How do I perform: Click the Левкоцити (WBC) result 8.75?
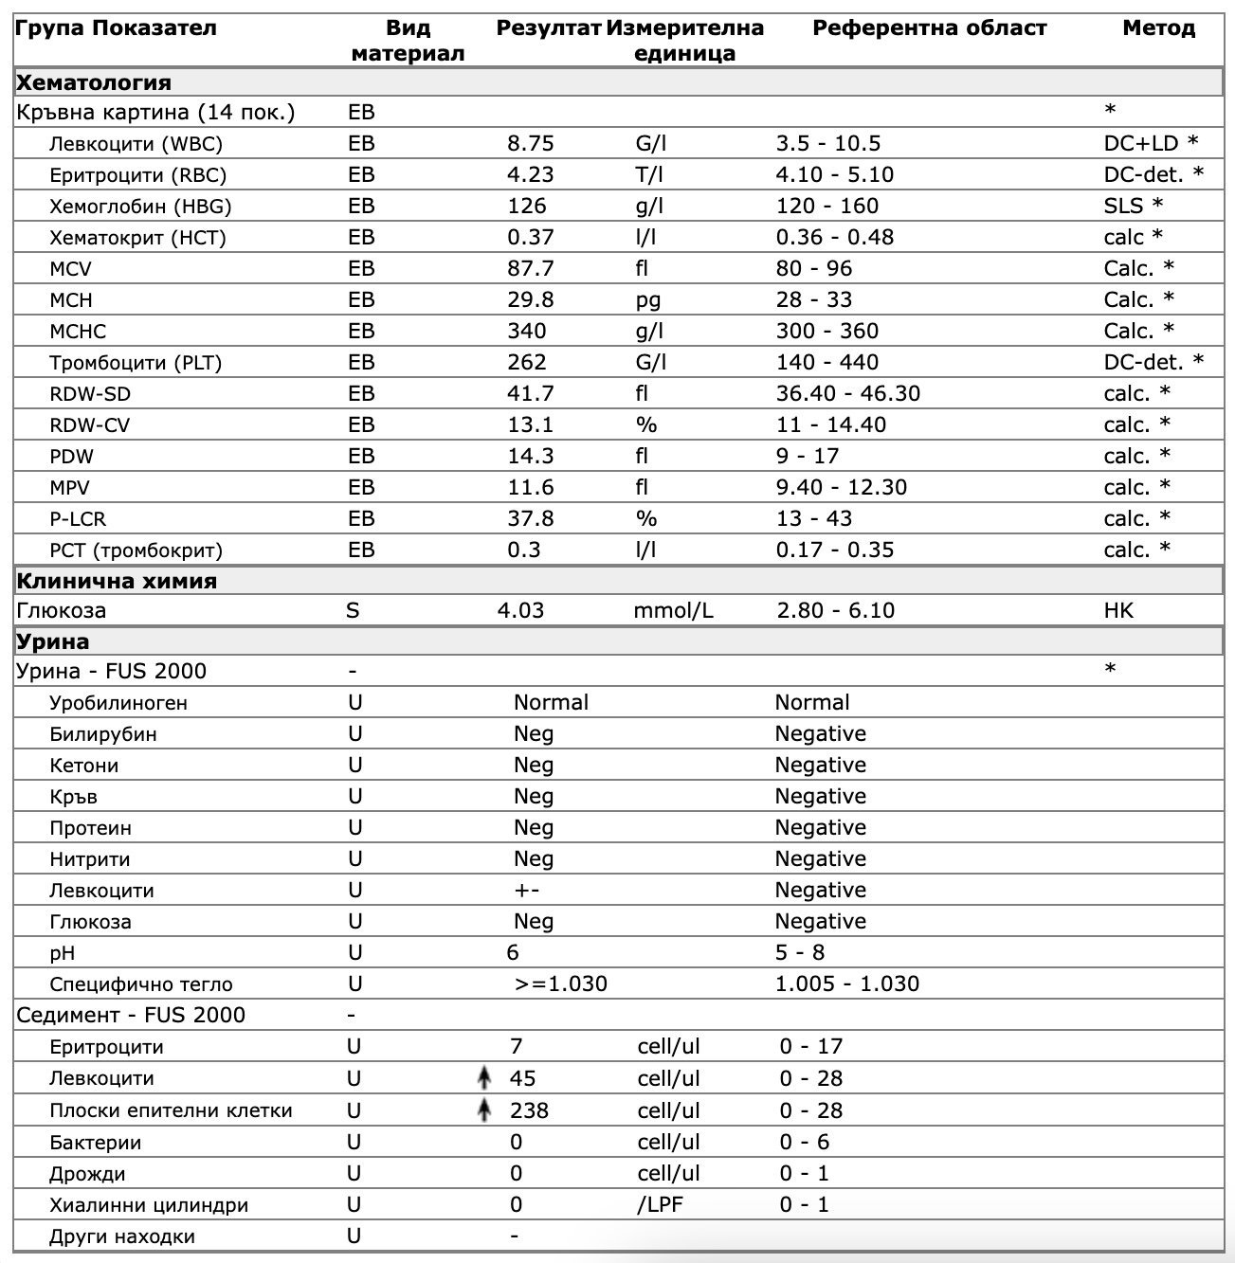coord(530,144)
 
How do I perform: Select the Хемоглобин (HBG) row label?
coord(140,207)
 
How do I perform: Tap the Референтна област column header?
coord(929,28)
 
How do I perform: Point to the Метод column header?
coord(1158,28)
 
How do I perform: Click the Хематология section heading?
coord(94,82)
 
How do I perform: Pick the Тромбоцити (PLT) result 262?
coord(527,363)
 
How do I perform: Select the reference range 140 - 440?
coord(826,363)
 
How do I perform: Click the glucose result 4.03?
coord(520,611)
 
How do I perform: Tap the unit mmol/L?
coord(673,611)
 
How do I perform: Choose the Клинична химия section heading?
coord(117,581)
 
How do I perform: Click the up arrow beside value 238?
coord(484,1110)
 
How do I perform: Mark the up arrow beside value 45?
coord(484,1077)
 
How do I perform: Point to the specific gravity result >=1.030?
coord(560,984)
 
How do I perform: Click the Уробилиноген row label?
coord(118,703)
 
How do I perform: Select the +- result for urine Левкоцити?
coord(527,891)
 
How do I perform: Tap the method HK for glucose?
coord(1117,611)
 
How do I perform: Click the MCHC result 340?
coord(527,332)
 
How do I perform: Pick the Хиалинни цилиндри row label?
coord(149,1205)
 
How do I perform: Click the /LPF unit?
coord(660,1205)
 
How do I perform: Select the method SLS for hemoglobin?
coord(1123,207)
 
